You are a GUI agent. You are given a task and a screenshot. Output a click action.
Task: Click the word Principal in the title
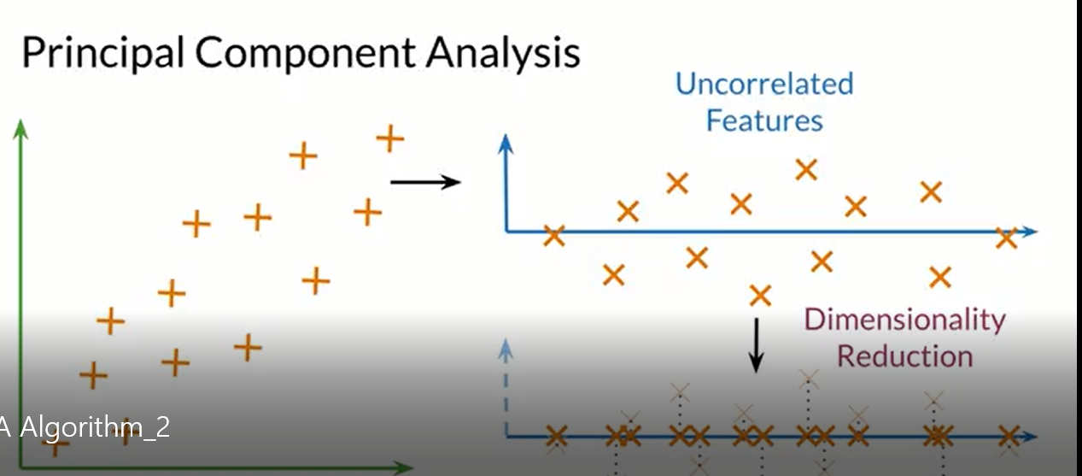pyautogui.click(x=102, y=53)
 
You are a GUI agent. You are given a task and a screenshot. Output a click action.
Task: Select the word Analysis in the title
pyautogui.click(x=503, y=53)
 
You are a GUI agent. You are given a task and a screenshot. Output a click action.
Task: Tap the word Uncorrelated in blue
pyautogui.click(x=764, y=84)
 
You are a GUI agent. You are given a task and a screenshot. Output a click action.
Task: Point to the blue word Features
pyautogui.click(x=764, y=120)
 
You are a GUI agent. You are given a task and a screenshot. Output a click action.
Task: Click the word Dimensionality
pyautogui.click(x=904, y=320)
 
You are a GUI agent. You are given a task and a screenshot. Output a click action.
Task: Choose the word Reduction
pyautogui.click(x=904, y=355)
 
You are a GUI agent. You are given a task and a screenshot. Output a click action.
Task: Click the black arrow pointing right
pyautogui.click(x=426, y=181)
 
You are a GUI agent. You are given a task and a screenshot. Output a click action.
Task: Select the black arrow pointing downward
pyautogui.click(x=756, y=345)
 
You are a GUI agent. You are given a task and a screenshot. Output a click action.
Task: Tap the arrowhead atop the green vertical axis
pyautogui.click(x=21, y=128)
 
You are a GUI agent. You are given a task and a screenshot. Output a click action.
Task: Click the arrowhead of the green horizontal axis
pyautogui.click(x=405, y=467)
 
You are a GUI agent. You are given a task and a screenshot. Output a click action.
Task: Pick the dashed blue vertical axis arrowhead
pyautogui.click(x=507, y=349)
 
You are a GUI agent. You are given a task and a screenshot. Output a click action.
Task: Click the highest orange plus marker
pyautogui.click(x=389, y=138)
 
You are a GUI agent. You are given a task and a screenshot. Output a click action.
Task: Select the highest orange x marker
pyautogui.click(x=805, y=169)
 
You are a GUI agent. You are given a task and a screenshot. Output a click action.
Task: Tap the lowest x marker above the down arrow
pyautogui.click(x=759, y=296)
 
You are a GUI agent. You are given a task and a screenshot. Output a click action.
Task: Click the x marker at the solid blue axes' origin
pyautogui.click(x=553, y=235)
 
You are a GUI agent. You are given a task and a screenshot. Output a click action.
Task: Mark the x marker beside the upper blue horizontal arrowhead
pyautogui.click(x=1007, y=238)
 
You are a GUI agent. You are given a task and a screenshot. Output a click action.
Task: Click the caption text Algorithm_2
pyautogui.click(x=95, y=426)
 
